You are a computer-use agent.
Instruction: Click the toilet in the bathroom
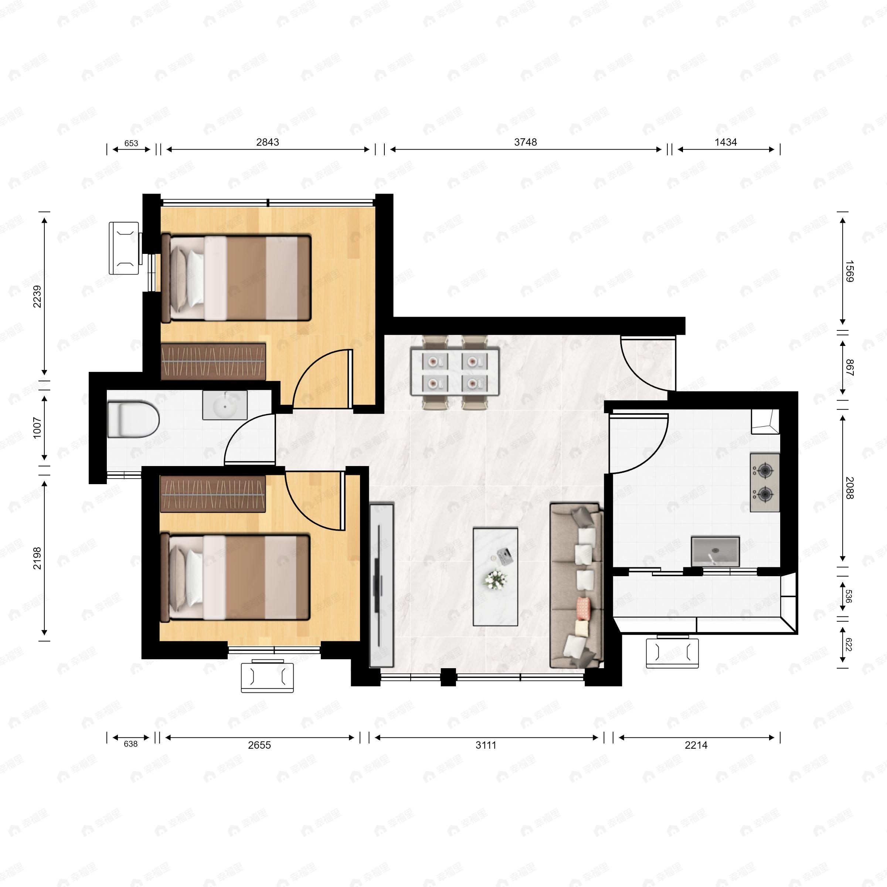tap(133, 419)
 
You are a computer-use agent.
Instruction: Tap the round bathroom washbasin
tap(224, 405)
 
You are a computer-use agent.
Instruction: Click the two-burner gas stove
tap(765, 483)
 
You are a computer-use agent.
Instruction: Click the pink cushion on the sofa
tap(583, 607)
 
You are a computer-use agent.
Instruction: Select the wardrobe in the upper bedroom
tap(214, 361)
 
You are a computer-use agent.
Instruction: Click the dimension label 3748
tap(525, 142)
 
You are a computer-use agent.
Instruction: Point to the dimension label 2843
tap(268, 142)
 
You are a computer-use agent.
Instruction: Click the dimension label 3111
tap(486, 745)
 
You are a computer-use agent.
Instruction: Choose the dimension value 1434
tap(725, 142)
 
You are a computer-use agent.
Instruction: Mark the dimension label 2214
tap(696, 745)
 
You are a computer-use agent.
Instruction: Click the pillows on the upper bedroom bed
tap(187, 278)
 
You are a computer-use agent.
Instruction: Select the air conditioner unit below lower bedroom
tap(267, 676)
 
